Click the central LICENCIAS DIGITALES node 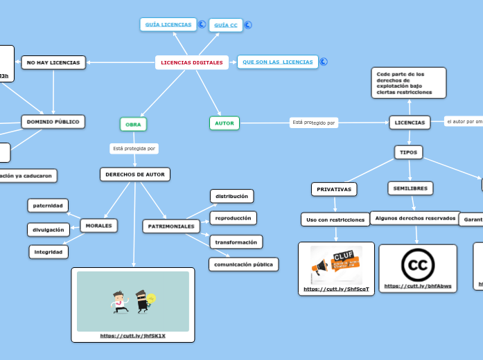[x=192, y=62]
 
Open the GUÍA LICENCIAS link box [x=168, y=24]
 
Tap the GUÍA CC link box [x=226, y=26]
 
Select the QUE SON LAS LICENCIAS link [x=277, y=62]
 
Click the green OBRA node [x=133, y=124]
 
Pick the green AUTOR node [x=224, y=123]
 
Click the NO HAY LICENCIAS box [x=53, y=63]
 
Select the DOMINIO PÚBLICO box [x=53, y=122]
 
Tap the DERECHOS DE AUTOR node [x=135, y=174]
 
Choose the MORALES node [x=98, y=225]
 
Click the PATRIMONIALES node [x=171, y=226]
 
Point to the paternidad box [x=49, y=205]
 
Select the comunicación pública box [x=243, y=264]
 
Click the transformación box [x=236, y=242]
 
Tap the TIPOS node [x=408, y=152]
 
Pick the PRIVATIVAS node [x=334, y=189]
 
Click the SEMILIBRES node [x=410, y=188]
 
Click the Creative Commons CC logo [x=418, y=264]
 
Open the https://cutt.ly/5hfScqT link [x=336, y=289]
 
